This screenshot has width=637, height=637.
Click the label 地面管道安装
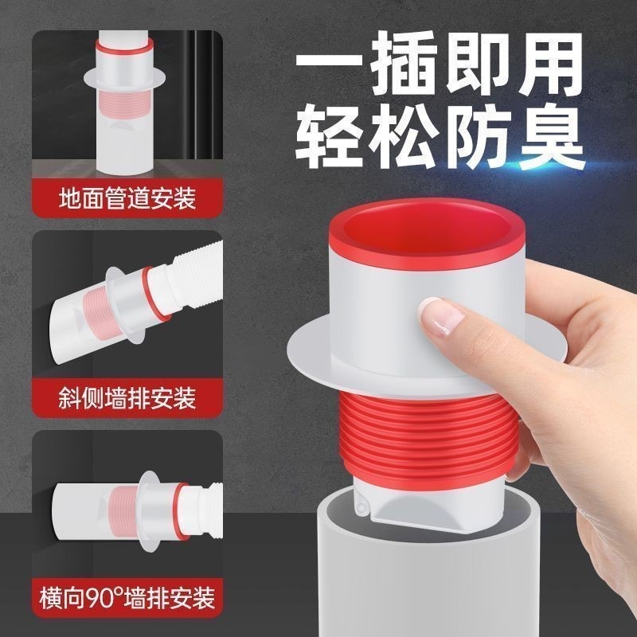point(127,196)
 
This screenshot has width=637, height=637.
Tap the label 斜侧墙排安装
point(127,397)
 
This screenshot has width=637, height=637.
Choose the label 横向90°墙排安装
point(127,596)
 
